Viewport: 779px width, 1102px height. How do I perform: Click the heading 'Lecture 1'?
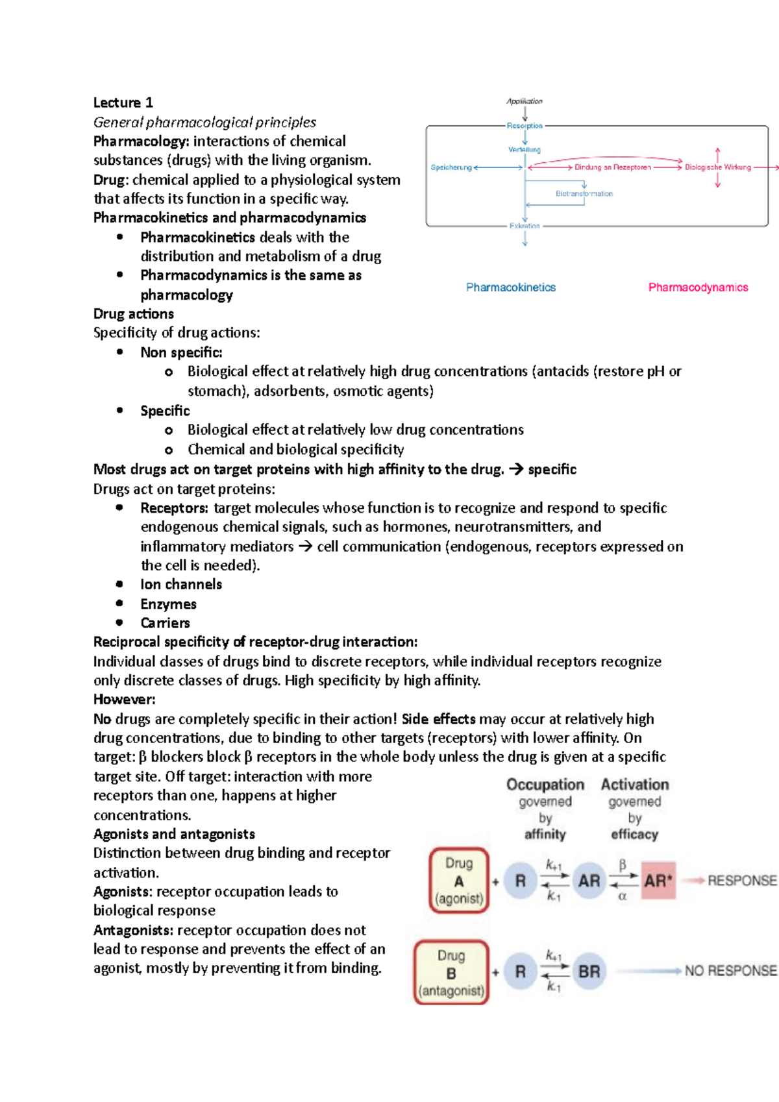click(x=123, y=103)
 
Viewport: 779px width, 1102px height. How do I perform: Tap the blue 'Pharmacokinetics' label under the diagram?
click(x=510, y=288)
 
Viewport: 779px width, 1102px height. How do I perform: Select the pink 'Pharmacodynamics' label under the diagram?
click(x=698, y=288)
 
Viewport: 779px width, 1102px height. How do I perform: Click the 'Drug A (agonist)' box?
click(x=459, y=881)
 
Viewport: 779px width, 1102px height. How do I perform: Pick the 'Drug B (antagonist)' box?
click(x=451, y=972)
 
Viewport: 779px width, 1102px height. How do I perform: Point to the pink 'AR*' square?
click(x=658, y=881)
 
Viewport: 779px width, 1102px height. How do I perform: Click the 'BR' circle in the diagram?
click(x=589, y=972)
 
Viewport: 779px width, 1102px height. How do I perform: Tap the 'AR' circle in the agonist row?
click(x=589, y=881)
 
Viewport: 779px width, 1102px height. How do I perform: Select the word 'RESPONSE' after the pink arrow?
click(x=741, y=881)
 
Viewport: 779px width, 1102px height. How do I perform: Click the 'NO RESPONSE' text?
click(x=730, y=971)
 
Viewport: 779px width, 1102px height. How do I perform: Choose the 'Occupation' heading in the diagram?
click(x=545, y=785)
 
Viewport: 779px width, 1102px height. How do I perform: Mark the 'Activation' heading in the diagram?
click(x=634, y=785)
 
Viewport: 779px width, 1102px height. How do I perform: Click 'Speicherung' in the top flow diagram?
click(x=451, y=167)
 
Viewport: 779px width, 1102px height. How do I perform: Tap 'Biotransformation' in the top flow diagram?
click(x=584, y=193)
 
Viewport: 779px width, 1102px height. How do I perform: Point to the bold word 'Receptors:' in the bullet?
click(x=174, y=508)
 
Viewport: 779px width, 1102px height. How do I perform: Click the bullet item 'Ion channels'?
click(x=181, y=585)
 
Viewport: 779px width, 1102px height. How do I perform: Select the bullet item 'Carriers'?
click(x=165, y=623)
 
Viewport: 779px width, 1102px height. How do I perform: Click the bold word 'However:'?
click(x=124, y=700)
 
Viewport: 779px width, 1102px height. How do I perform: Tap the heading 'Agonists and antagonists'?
click(x=174, y=834)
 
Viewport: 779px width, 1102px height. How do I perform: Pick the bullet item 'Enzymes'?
click(x=168, y=604)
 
